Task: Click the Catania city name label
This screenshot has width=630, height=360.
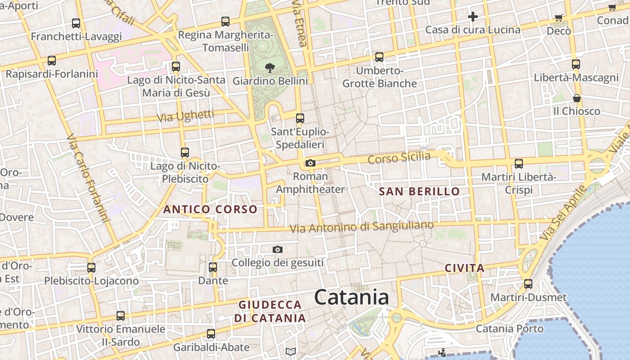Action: pos(351,297)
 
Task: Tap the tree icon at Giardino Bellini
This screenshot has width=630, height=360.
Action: pos(270,68)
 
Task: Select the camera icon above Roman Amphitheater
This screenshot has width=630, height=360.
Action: pos(310,163)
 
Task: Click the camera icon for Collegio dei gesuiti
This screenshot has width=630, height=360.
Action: pos(278,249)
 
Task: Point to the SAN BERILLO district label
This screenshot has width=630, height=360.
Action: pos(419,192)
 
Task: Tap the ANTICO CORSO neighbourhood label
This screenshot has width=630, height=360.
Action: pos(210,209)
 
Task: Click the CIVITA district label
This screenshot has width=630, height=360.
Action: pos(464,268)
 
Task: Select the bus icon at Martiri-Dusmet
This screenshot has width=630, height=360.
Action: pos(528,284)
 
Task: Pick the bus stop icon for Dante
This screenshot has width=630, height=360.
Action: pos(213,267)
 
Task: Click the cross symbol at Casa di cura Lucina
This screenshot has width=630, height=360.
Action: pos(472,17)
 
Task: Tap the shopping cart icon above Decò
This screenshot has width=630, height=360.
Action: pos(558,18)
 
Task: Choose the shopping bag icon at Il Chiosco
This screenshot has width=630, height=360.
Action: pos(576,98)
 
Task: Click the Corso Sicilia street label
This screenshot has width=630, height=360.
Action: pos(399,158)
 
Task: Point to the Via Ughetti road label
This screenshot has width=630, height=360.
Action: pos(185,116)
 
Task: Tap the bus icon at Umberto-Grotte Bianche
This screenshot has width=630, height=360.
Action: pos(379,57)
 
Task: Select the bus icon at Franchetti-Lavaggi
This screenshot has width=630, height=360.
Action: pos(76,23)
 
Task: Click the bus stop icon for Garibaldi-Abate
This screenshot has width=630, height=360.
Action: pos(211,334)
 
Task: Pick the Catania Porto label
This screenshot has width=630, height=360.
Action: pos(509,328)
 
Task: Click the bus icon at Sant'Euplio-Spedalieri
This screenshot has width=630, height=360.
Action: pos(300,118)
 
